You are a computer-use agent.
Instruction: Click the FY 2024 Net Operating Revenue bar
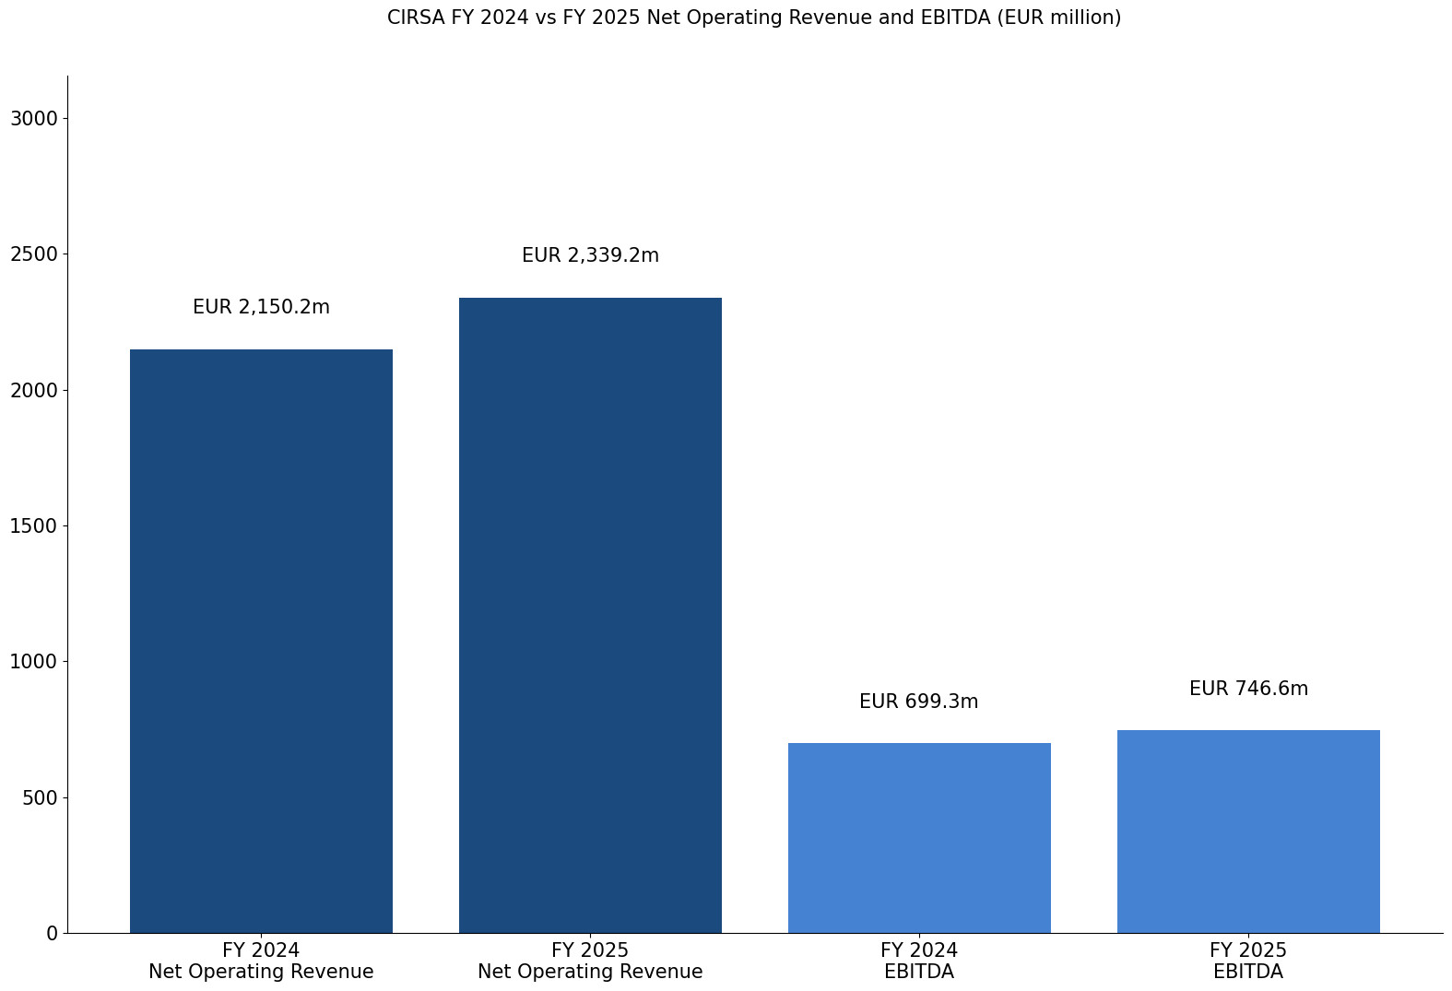click(261, 641)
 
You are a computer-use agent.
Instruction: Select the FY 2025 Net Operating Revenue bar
click(590, 615)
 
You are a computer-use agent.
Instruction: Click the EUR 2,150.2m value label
click(261, 307)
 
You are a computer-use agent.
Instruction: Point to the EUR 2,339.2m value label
click(590, 255)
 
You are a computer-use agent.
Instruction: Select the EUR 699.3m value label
click(919, 702)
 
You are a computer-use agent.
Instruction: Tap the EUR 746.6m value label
click(1248, 689)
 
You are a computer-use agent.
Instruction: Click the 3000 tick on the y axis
click(33, 118)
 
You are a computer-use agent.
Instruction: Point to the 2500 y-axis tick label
click(33, 254)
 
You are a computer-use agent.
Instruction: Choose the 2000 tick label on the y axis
click(33, 390)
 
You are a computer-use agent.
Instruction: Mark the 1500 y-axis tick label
click(33, 525)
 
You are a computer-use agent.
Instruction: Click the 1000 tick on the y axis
click(33, 661)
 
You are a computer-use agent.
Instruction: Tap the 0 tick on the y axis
click(52, 933)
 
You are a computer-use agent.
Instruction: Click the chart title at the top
click(753, 18)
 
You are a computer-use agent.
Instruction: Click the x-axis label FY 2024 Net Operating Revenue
click(261, 961)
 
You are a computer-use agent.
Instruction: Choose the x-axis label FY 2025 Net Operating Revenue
click(590, 961)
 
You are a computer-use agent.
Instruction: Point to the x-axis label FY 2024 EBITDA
click(919, 961)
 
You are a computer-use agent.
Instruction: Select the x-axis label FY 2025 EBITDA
click(1248, 961)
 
